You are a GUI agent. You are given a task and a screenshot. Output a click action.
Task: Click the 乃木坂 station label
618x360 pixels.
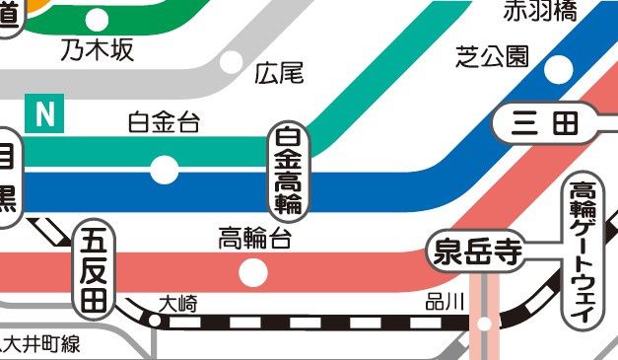point(97,50)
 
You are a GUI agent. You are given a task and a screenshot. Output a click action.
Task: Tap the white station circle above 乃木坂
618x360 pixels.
point(98,19)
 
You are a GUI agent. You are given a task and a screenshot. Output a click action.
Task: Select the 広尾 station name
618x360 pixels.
point(279,72)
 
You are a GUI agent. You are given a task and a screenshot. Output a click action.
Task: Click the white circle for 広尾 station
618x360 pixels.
point(231,62)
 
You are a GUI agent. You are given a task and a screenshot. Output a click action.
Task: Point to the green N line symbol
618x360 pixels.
point(44,114)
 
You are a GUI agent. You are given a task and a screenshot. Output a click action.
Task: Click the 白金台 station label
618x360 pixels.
point(164,123)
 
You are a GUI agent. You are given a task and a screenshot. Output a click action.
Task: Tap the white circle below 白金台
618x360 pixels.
point(164,170)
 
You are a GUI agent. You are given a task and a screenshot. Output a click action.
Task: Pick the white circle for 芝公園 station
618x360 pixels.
point(558,68)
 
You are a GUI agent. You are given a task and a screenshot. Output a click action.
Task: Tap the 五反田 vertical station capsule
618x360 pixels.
point(93,268)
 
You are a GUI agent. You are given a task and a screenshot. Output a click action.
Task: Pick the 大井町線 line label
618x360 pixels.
point(41,344)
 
